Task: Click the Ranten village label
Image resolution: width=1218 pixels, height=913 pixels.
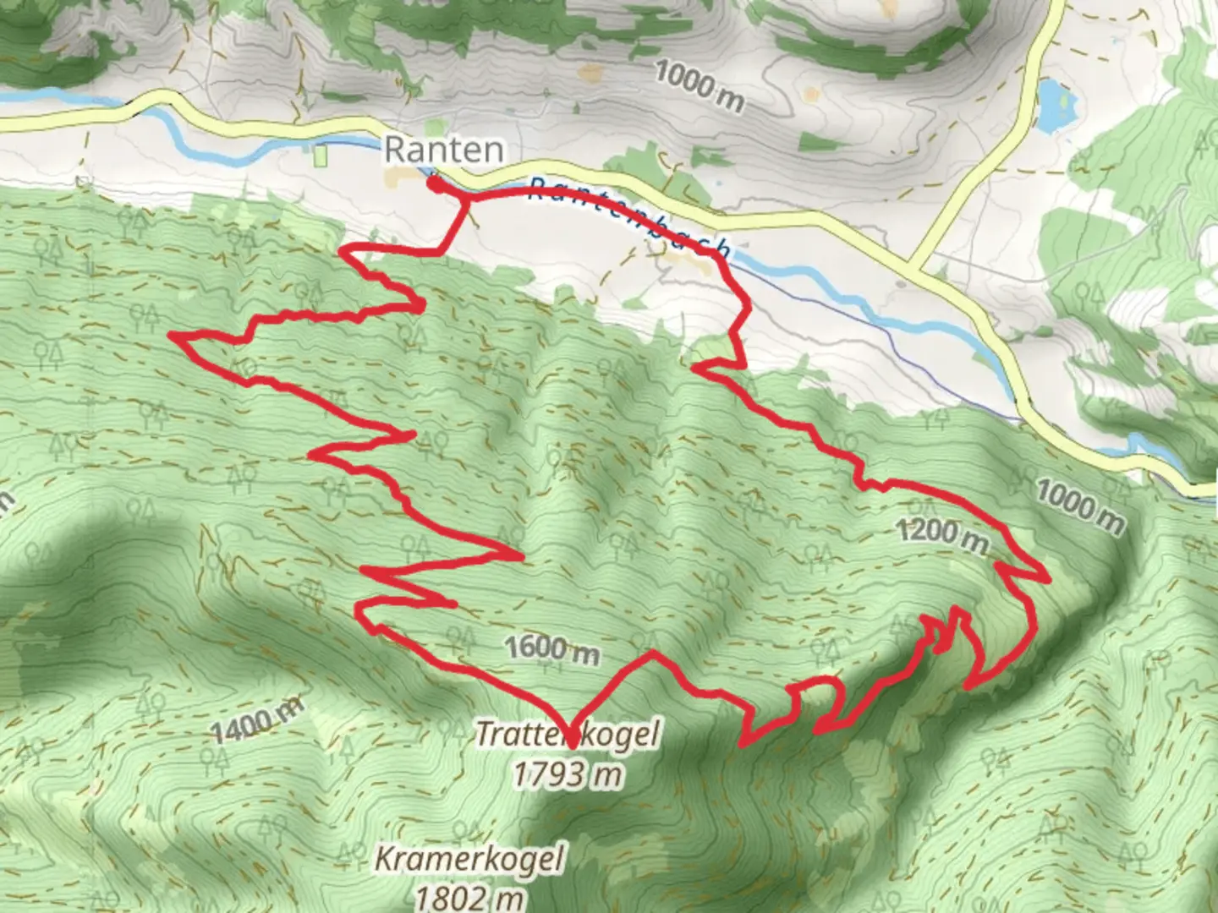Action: click(x=443, y=150)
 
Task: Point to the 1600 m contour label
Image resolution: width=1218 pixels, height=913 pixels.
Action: click(x=552, y=649)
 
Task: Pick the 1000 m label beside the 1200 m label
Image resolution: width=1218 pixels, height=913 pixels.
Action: click(x=1079, y=505)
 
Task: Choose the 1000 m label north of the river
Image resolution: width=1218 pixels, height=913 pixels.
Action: click(x=700, y=87)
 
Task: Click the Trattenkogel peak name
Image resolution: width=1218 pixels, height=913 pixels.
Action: click(x=567, y=733)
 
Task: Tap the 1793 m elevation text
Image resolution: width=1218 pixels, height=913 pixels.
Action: click(x=568, y=773)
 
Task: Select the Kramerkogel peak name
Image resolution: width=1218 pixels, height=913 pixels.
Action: click(x=469, y=860)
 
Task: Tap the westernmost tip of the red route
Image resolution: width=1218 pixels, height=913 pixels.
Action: click(x=173, y=336)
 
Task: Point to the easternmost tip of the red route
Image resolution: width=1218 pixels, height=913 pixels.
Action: click(x=1049, y=580)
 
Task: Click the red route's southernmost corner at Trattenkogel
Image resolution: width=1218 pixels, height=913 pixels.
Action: click(x=573, y=747)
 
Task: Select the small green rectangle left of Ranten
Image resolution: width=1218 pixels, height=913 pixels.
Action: click(x=321, y=156)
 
